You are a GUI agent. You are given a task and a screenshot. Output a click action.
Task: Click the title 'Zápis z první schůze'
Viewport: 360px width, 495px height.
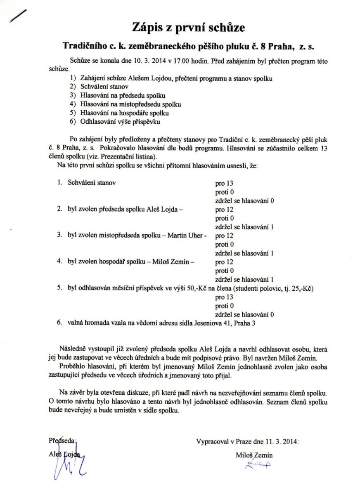pyautogui.click(x=188, y=28)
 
